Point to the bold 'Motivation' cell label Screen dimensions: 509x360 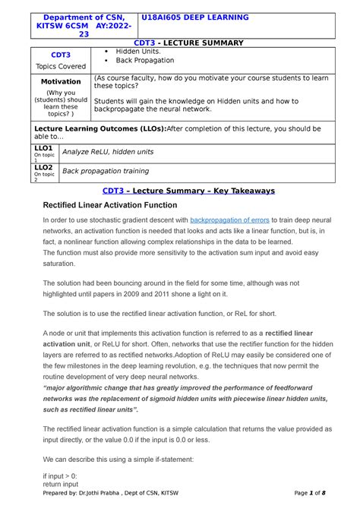(61, 81)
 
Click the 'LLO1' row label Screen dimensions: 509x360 (43, 148)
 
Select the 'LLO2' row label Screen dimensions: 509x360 (43, 167)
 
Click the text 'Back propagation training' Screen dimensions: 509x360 (106, 171)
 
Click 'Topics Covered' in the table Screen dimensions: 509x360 (61, 66)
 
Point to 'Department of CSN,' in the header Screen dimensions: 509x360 (74, 17)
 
